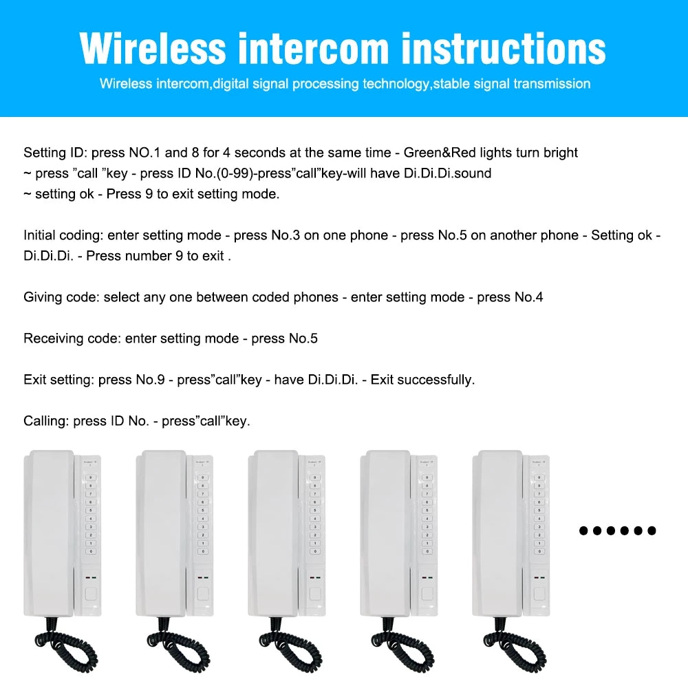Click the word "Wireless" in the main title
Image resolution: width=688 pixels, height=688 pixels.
(152, 48)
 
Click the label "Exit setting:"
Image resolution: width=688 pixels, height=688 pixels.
(58, 380)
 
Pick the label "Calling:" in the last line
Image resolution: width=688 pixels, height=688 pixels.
(46, 421)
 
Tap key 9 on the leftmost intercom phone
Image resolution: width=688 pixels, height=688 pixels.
(90, 477)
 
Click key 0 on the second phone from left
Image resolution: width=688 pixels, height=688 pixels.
(202, 551)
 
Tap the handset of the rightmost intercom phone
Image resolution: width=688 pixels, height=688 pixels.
(496, 530)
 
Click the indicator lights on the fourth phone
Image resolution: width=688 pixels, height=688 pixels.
(427, 577)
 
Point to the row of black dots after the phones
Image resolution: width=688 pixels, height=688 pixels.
(617, 530)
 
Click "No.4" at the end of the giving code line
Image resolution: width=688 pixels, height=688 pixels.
(528, 297)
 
